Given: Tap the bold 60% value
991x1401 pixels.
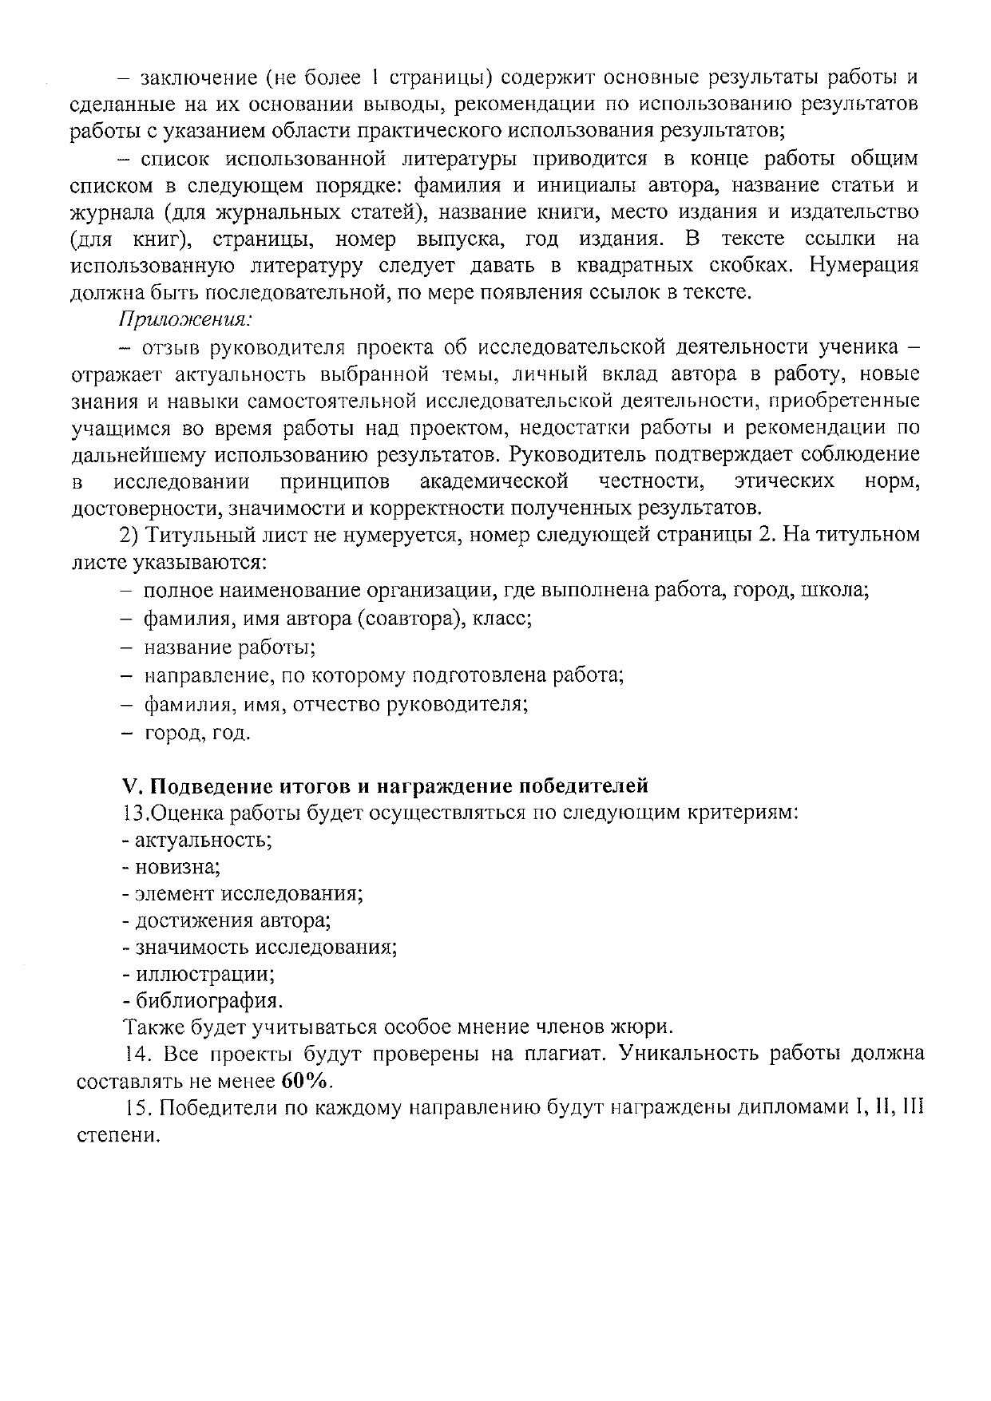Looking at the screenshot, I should [x=305, y=1082].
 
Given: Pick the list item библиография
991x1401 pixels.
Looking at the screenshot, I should [x=203, y=1001].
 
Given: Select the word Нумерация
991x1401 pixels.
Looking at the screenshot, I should [x=864, y=265].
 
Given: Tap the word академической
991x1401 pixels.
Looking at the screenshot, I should [x=494, y=481].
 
